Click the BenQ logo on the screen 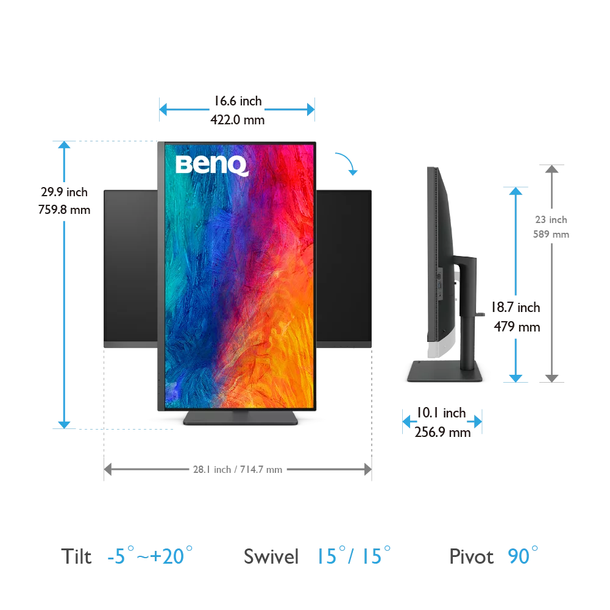212,165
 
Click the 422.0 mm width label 237,120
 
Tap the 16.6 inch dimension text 238,101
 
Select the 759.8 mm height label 64,210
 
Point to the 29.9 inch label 64,192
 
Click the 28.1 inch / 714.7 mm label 238,470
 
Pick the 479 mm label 517,327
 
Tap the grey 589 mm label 551,234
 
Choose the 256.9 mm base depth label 442,432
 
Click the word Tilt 76,556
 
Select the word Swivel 271,556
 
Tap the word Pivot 471,556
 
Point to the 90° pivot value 523,555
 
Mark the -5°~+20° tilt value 150,555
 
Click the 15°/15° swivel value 353,555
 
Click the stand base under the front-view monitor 241,418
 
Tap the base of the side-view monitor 445,371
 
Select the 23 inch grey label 551,220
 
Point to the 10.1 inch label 441,413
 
